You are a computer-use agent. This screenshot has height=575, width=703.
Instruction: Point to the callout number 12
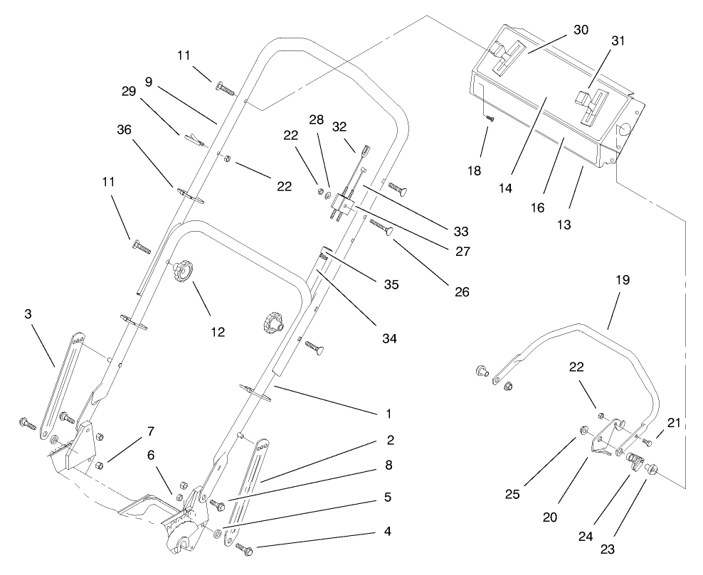(x=217, y=331)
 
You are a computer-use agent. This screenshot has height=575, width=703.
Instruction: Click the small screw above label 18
(x=490, y=119)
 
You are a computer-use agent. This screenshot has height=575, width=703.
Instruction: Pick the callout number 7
(x=151, y=431)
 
